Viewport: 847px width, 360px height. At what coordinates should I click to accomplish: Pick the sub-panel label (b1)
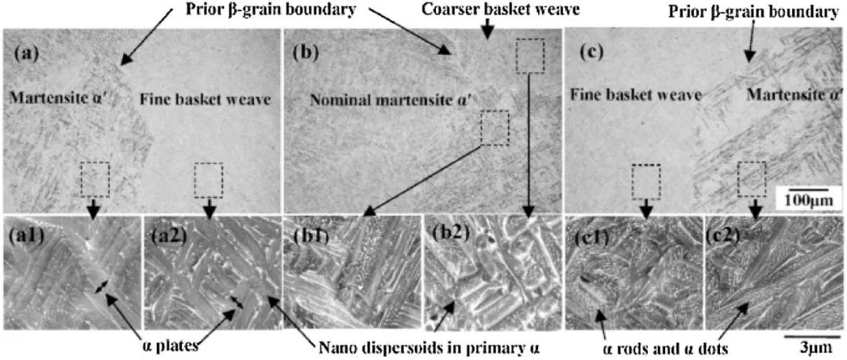(x=307, y=232)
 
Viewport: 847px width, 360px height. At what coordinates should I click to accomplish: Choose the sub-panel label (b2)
(x=446, y=232)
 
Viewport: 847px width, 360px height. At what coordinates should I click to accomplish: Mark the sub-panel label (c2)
(x=728, y=232)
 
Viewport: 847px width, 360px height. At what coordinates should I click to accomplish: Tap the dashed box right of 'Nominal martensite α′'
(x=494, y=128)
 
